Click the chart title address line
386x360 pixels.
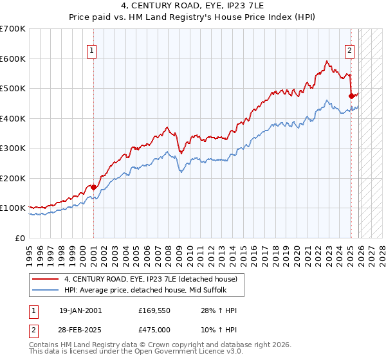[x=193, y=6]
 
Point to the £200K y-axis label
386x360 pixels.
[x=13, y=178]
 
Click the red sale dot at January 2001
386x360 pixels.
[x=94, y=187]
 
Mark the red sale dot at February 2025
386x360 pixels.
[x=351, y=96]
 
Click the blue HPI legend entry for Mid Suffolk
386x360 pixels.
[x=147, y=290]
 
